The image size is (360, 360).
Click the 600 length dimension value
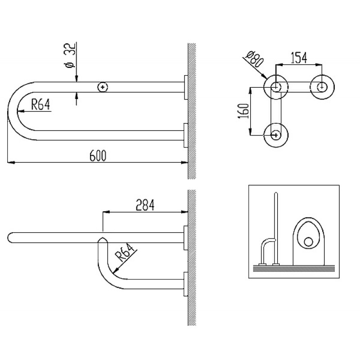pos(98,155)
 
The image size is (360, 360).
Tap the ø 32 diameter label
pos(70,55)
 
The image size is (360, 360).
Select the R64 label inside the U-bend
pos(40,104)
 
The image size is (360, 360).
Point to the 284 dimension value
pos(145,205)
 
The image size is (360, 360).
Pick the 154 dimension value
pos(299,58)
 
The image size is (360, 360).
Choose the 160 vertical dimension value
pos(243,111)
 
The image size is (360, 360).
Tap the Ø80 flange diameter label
pos(254,59)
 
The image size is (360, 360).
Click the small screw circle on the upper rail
pos(103,87)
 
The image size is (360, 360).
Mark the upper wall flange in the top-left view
pos(186,87)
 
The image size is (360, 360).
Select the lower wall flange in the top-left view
pos(186,135)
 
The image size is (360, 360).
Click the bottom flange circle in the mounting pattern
pos(276,135)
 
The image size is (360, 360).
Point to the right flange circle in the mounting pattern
pos(322,87)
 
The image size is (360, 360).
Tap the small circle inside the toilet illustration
pos(308,242)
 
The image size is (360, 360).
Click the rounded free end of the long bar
pos(10,238)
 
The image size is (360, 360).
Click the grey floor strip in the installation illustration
pos(294,269)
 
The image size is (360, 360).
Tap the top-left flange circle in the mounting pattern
pos(276,87)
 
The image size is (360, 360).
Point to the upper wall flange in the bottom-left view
pos(186,238)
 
